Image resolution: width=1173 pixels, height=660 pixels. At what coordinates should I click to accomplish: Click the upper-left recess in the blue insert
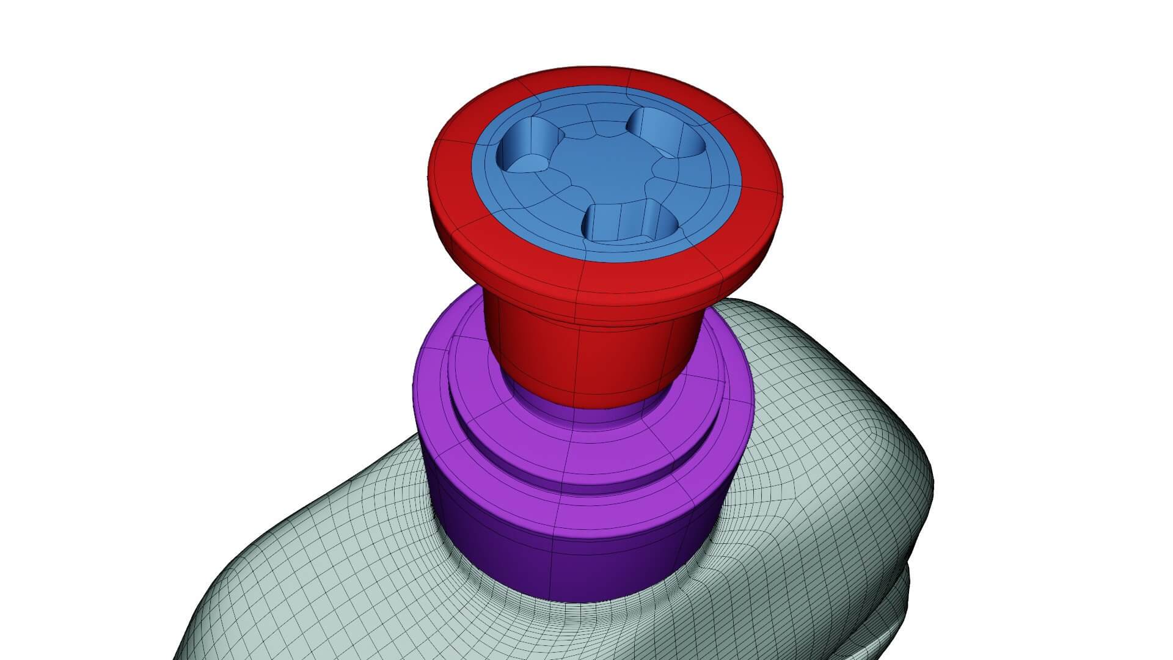coord(530,147)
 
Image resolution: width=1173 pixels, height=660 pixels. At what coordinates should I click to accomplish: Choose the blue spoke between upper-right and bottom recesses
coord(678,183)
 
